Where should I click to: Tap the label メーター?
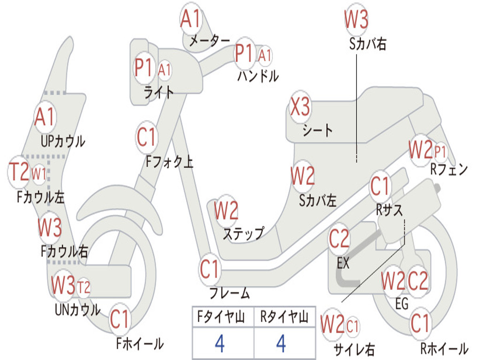(x=210, y=41)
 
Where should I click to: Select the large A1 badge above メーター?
(x=190, y=19)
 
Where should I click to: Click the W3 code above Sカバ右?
(x=356, y=19)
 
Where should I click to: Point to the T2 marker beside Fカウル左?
(x=19, y=172)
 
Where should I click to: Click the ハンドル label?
(x=258, y=76)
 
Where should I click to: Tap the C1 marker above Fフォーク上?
(x=147, y=137)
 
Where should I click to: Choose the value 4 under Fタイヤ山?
(x=220, y=344)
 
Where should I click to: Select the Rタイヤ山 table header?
(x=285, y=317)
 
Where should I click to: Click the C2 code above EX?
(x=339, y=239)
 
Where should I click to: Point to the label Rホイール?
(x=444, y=348)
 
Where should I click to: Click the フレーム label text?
(x=230, y=293)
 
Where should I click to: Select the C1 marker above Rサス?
(x=380, y=186)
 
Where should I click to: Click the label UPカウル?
(x=63, y=142)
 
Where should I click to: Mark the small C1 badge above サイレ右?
(x=352, y=326)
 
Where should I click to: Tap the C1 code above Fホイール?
(x=120, y=319)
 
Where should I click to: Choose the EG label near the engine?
(x=402, y=304)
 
